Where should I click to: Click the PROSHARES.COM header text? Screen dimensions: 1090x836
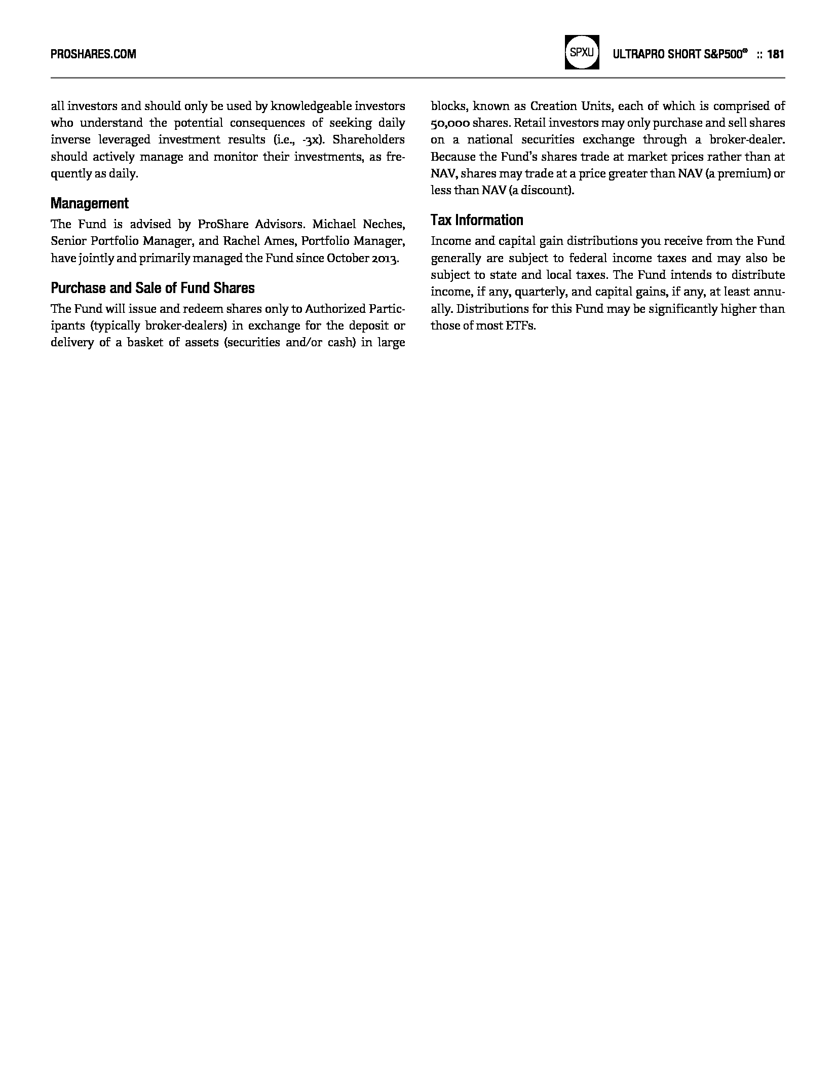point(93,54)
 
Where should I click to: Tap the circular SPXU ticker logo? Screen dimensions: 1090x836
point(582,52)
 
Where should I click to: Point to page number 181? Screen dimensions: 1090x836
point(776,54)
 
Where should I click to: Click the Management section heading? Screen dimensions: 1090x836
point(90,203)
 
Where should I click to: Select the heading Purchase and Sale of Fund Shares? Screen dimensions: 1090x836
point(153,288)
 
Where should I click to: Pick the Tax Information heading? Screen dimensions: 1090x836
point(477,220)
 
